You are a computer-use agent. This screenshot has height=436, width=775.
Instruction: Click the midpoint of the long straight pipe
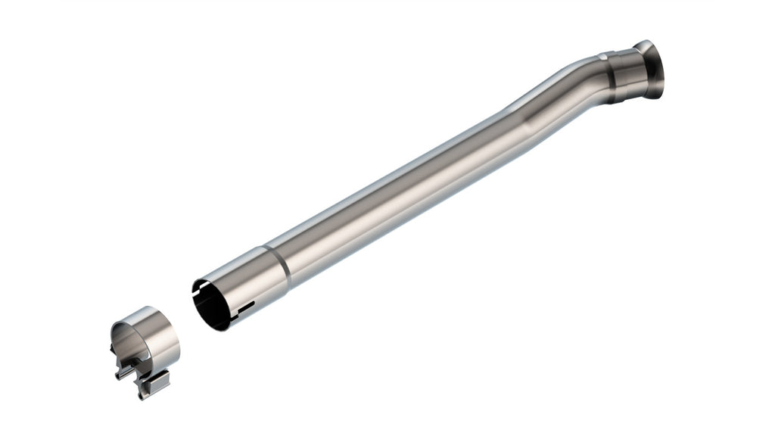click(x=401, y=192)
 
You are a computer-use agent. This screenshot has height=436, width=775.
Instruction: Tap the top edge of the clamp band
click(x=144, y=312)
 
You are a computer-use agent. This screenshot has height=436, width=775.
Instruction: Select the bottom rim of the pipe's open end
click(x=219, y=328)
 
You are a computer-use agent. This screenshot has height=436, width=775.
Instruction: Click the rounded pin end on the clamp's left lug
click(x=117, y=375)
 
